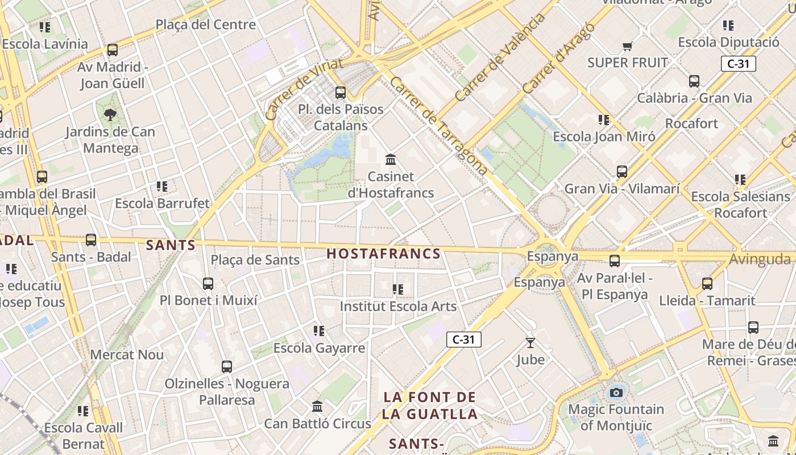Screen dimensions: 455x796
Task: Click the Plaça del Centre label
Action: point(205,24)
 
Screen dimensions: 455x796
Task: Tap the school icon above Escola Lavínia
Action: point(45,27)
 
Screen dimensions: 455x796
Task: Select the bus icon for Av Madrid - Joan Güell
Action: point(113,50)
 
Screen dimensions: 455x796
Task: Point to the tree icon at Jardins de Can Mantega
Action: point(110,115)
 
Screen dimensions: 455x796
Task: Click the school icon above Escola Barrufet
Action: point(162,186)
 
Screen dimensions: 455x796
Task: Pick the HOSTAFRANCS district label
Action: point(384,254)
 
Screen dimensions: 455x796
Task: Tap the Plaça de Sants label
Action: point(255,260)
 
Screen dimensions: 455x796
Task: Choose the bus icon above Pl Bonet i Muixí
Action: point(208,283)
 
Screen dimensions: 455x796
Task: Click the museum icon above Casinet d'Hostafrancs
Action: point(391,160)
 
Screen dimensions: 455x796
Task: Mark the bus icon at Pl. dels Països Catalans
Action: point(341,92)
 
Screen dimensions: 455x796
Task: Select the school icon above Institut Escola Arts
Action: point(398,289)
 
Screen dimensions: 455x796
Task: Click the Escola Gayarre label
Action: point(319,348)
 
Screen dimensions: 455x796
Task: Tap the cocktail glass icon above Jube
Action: point(530,342)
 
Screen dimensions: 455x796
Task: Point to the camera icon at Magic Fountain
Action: point(616,392)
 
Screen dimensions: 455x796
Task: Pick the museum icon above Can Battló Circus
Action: point(317,407)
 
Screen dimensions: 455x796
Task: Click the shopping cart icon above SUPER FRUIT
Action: point(627,46)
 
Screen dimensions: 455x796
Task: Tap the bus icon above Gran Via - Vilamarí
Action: point(622,171)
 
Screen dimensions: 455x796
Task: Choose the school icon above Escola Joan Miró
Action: point(604,119)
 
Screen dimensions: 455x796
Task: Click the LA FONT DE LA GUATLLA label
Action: point(429,406)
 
